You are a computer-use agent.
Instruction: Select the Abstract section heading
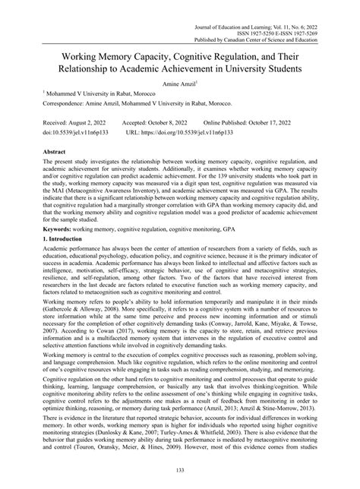coord(39,152)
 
